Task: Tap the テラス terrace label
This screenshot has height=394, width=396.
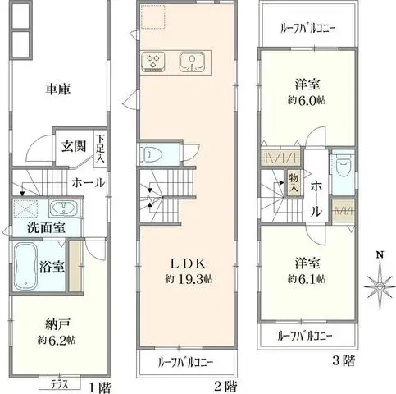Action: tap(58, 383)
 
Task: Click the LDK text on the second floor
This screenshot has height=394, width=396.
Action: tap(186, 263)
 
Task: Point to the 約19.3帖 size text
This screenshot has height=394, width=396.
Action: tap(186, 279)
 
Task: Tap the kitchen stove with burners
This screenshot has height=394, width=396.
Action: tap(153, 62)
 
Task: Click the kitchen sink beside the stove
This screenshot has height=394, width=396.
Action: tap(191, 62)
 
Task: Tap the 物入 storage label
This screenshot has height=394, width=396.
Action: tap(293, 182)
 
